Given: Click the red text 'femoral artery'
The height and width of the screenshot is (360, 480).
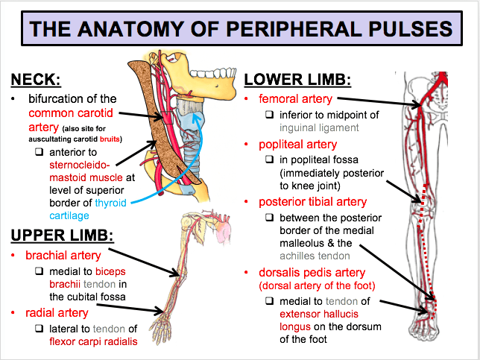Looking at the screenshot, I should (295, 99).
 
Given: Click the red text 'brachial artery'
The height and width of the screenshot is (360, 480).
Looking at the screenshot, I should (62, 256).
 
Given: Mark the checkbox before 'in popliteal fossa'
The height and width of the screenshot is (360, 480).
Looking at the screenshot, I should (270, 160).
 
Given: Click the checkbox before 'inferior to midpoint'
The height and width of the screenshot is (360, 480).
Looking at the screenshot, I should (270, 115).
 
